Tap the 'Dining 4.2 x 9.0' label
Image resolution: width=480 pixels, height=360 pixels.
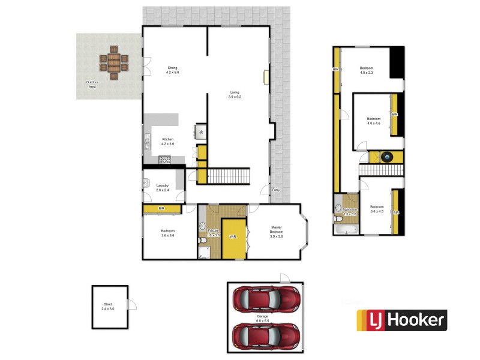172,70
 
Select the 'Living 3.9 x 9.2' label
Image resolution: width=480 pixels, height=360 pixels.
235,95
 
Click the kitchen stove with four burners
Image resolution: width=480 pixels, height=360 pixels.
164,160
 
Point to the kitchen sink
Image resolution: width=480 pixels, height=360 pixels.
146,142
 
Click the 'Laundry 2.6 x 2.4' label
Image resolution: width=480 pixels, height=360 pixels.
162,188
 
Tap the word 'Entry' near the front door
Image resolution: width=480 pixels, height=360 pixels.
275,190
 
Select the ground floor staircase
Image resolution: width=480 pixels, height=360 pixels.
228,176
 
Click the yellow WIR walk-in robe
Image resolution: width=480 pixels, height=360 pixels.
233,237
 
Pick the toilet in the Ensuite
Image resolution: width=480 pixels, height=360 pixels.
203,240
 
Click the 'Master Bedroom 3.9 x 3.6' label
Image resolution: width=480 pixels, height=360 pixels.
276,232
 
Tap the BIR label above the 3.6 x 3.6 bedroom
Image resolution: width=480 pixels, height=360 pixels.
161,209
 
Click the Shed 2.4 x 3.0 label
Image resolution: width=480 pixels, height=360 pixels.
108,307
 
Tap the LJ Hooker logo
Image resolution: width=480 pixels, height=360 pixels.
402,320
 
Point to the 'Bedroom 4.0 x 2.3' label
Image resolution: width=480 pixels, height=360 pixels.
366,70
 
